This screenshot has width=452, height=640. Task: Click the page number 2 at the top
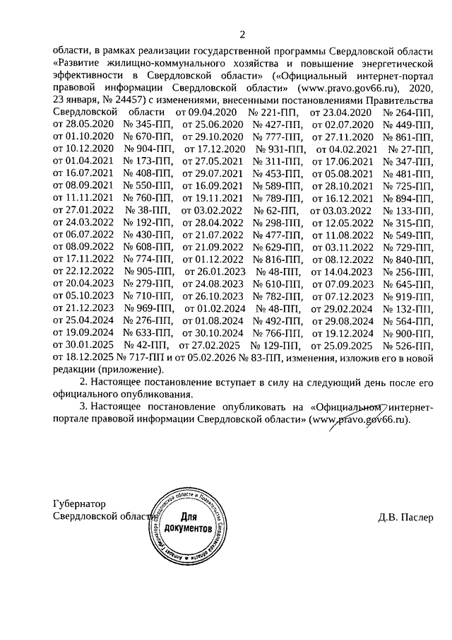(242, 35)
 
